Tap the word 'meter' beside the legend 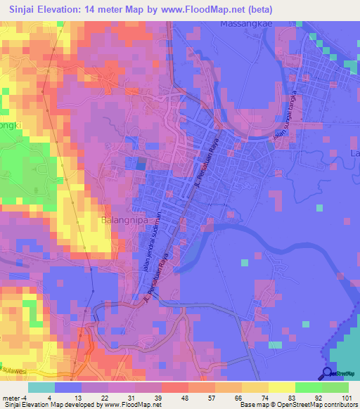tap(10, 397)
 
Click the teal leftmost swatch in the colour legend tap(41, 387)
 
